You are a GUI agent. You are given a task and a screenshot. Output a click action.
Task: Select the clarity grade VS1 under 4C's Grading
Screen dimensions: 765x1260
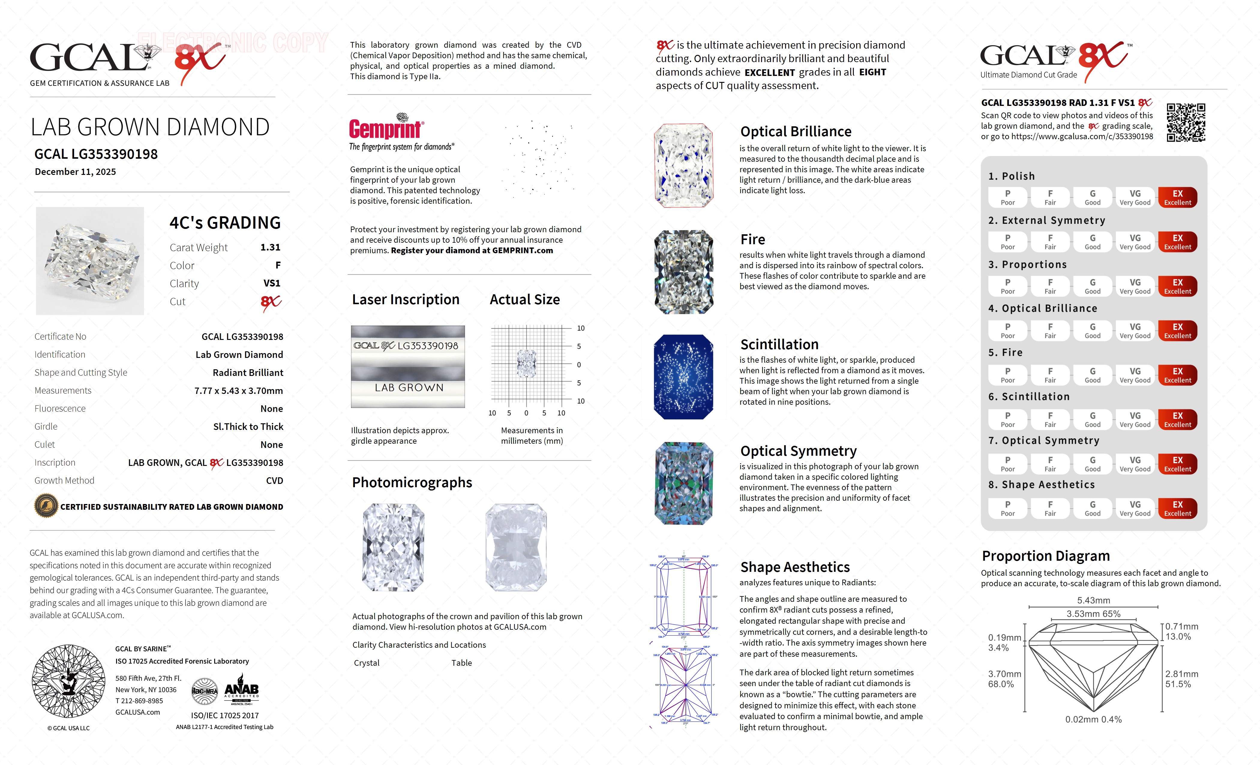click(271, 283)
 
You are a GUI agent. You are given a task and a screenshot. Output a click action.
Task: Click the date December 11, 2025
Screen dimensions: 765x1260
click(75, 172)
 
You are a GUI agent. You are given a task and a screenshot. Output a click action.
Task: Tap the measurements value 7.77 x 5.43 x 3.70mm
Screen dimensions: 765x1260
click(238, 391)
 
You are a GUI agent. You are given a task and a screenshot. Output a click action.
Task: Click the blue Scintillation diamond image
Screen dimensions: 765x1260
click(683, 377)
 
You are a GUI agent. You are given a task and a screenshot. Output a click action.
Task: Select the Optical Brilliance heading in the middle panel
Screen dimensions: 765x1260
click(796, 132)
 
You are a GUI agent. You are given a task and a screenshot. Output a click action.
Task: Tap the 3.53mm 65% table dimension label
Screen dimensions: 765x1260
click(1093, 613)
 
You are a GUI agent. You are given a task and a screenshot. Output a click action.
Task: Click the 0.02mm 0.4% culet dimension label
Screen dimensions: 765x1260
click(1093, 719)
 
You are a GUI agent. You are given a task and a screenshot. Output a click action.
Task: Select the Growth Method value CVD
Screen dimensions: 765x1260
click(274, 481)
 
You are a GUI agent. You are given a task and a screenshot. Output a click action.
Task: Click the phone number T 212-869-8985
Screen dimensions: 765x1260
click(139, 701)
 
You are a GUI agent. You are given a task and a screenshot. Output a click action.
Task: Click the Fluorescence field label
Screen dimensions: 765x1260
click(60, 409)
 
